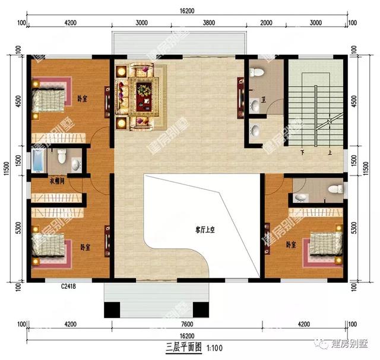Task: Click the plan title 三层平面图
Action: pos(178,347)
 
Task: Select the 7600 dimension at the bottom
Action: pos(186,324)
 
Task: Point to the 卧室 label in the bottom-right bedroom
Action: pos(291,245)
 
